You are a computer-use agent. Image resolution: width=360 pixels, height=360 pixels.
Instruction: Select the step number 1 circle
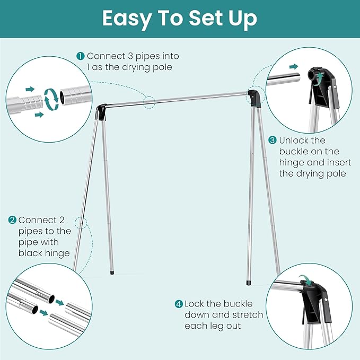[x=80, y=56]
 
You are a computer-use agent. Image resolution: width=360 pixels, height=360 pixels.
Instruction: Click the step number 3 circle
[x=272, y=141]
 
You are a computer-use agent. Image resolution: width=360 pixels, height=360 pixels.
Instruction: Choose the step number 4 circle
[x=179, y=304]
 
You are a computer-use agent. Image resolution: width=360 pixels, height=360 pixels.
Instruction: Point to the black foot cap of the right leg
[x=248, y=282]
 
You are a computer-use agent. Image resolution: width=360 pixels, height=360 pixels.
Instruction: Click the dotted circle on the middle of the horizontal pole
[x=149, y=101]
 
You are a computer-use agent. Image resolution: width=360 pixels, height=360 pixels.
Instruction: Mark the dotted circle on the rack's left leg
[x=81, y=222]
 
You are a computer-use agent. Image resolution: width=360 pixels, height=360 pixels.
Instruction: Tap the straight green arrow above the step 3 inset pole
[x=292, y=67]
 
